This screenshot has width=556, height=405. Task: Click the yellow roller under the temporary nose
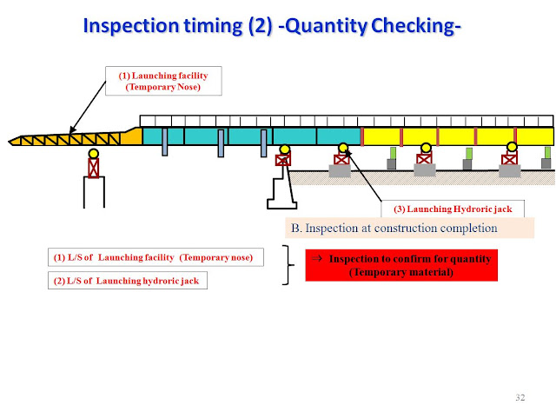(93, 154)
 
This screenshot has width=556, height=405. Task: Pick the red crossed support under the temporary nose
(93, 168)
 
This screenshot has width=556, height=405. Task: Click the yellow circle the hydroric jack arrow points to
(343, 148)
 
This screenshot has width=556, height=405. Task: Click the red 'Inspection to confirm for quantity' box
(401, 265)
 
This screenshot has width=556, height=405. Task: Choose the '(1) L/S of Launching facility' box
(155, 258)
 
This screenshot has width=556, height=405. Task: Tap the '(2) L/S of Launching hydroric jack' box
(127, 281)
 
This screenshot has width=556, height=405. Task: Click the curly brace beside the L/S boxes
(287, 265)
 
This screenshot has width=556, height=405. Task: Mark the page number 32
(520, 397)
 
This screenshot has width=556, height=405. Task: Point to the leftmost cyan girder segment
(162, 136)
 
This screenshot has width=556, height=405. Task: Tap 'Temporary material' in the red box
(401, 273)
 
